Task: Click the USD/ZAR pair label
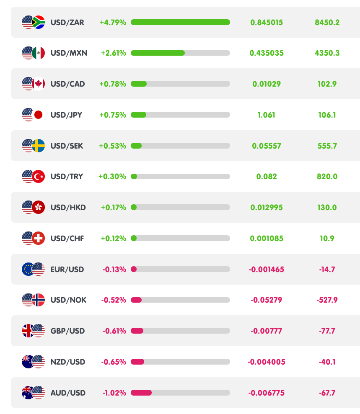click(x=67, y=22)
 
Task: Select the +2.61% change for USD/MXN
click(x=113, y=53)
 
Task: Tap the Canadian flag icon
click(x=39, y=84)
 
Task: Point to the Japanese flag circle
click(x=39, y=115)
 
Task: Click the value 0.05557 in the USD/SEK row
click(x=267, y=146)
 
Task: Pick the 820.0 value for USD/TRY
click(x=327, y=176)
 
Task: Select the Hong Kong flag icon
click(x=39, y=207)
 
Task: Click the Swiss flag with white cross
click(x=39, y=238)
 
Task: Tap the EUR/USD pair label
click(x=67, y=269)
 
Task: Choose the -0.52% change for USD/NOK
click(x=114, y=300)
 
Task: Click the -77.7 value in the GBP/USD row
click(x=327, y=331)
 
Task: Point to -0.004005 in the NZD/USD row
click(x=267, y=362)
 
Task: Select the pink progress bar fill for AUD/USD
click(x=141, y=393)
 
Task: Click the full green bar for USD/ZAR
click(x=180, y=22)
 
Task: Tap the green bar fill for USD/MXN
click(x=158, y=53)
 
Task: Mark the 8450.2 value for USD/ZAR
click(x=327, y=22)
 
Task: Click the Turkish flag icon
click(x=39, y=176)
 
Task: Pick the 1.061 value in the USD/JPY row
click(x=267, y=115)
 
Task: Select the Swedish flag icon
click(x=39, y=146)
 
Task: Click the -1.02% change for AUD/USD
click(x=114, y=393)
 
